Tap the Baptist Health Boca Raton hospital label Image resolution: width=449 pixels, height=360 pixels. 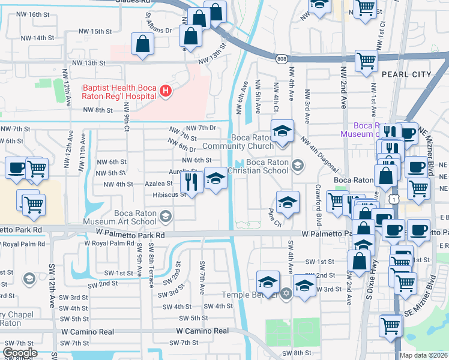tap(121, 92)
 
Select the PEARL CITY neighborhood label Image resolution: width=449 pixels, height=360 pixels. tap(406, 74)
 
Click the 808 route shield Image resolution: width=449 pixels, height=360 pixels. tap(282, 59)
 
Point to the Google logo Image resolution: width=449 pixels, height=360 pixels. tap(20, 353)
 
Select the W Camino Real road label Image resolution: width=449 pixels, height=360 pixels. tap(202, 331)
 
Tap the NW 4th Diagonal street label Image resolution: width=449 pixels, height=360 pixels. tap(319, 154)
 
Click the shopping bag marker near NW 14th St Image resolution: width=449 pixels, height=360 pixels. tap(143, 44)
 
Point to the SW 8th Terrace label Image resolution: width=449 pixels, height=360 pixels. tap(150, 260)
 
